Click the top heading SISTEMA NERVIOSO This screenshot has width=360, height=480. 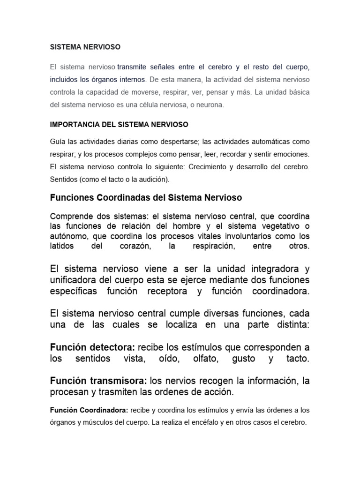pos(85,47)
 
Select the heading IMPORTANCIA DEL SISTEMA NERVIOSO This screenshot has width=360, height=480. pos(119,124)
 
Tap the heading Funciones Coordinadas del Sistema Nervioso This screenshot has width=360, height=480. pos(146,198)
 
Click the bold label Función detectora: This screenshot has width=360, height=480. pos(92,348)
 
